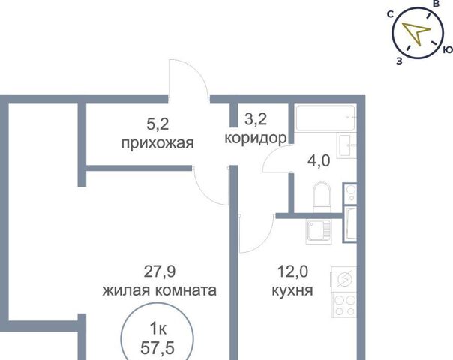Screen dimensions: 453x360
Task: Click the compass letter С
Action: point(390,14)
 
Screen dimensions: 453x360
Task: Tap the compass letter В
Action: point(436,4)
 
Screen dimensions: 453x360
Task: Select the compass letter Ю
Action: point(448,49)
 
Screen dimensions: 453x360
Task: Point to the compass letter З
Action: point(399,61)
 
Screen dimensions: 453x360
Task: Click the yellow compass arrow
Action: point(415,31)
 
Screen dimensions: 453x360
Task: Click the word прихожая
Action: point(157,143)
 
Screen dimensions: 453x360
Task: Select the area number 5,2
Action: point(157,124)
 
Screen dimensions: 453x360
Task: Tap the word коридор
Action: point(256,139)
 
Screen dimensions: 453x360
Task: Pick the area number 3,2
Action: point(256,119)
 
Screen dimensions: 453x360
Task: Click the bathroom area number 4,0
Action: point(319,161)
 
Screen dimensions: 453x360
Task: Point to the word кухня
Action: point(292,290)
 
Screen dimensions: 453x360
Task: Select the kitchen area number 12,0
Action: point(292,271)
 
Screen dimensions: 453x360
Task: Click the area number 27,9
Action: point(160,271)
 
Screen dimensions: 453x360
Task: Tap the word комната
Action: point(188,290)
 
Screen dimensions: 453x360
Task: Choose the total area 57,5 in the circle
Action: point(157,347)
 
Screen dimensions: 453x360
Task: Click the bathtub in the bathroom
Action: point(325,118)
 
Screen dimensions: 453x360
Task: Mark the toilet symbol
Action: point(321,197)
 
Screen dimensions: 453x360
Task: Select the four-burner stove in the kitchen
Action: point(343,304)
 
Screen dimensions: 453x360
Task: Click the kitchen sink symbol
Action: point(318,231)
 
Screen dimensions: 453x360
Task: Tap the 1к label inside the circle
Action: point(157,328)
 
